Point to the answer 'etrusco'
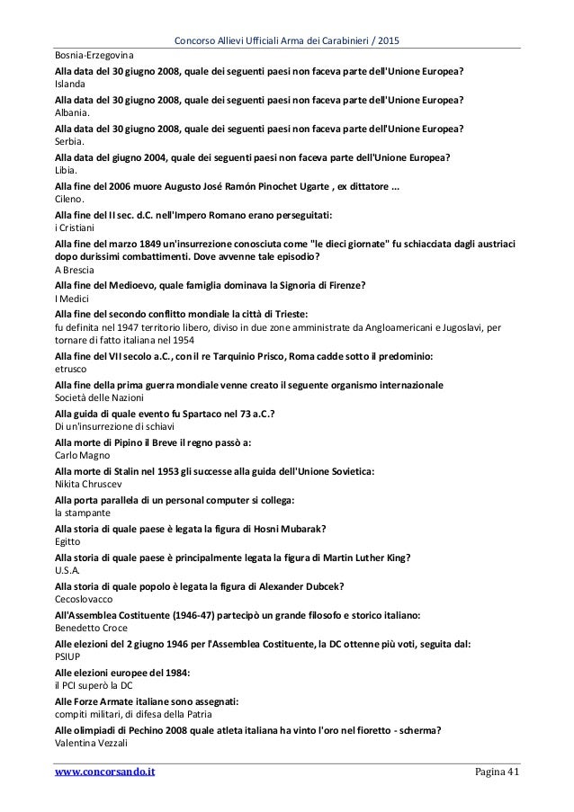(72, 369)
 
